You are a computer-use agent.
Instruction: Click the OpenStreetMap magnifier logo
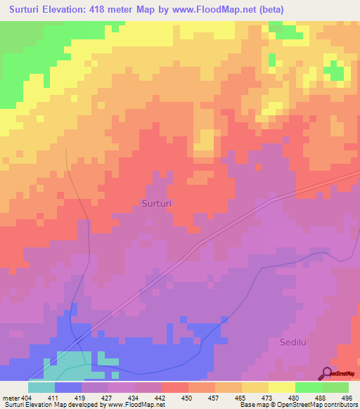coord(328,373)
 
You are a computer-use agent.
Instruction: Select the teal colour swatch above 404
coord(41,387)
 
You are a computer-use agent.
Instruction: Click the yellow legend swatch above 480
coord(281,387)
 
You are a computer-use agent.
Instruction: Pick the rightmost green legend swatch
coord(335,387)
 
